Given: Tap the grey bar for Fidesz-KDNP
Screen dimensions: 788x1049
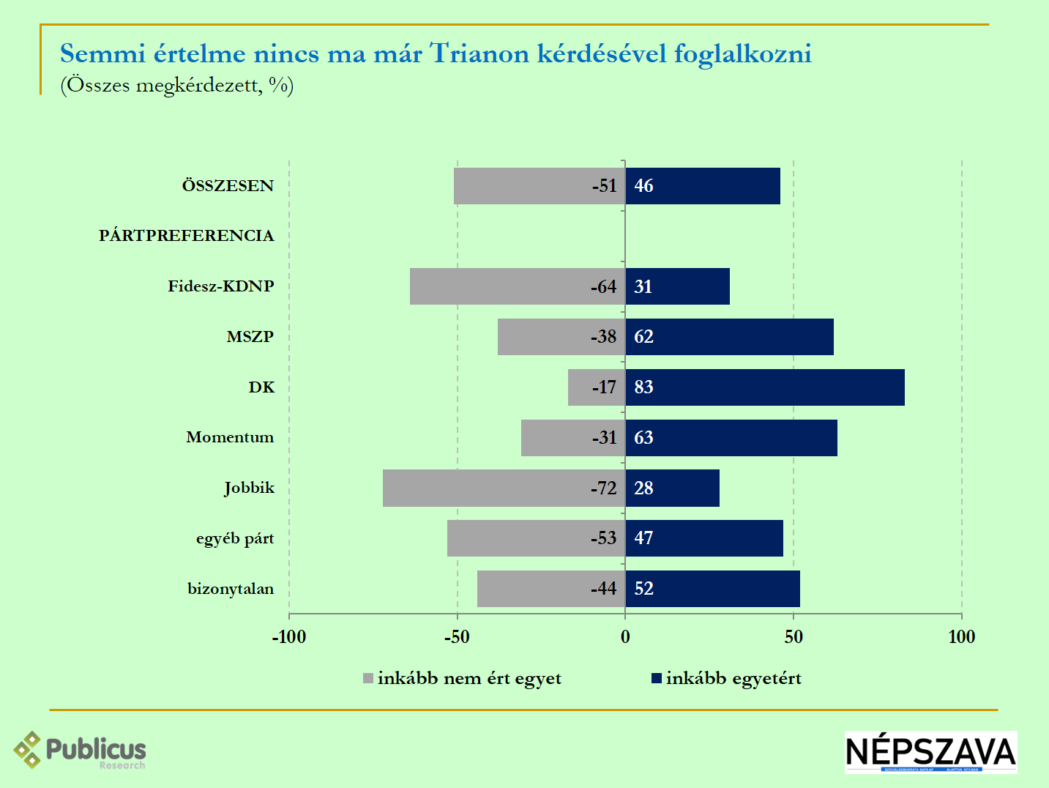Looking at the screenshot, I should tap(498, 286).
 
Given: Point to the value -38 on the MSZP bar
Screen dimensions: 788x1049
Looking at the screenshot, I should tap(604, 337).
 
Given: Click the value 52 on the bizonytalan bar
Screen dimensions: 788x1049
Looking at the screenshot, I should tap(643, 589).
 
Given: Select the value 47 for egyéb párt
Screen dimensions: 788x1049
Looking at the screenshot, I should tap(643, 538).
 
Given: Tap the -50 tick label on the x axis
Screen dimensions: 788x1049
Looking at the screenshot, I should tap(457, 637).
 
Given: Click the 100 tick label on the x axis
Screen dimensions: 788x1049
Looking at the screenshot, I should tap(961, 637).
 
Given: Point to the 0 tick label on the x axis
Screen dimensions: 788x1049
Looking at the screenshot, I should tap(625, 637).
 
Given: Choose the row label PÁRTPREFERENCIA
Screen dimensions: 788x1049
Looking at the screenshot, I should tap(187, 236).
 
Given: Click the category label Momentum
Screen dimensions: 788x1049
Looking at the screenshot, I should tap(230, 437).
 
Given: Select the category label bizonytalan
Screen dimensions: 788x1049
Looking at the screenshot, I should tap(231, 589).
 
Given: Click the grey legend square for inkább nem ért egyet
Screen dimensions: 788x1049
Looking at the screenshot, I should tap(368, 679).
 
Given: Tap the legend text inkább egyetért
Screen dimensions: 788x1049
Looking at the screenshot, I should tap(733, 679).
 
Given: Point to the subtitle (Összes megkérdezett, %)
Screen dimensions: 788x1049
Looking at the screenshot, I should tap(177, 85).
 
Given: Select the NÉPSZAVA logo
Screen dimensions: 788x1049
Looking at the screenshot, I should tap(930, 752).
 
